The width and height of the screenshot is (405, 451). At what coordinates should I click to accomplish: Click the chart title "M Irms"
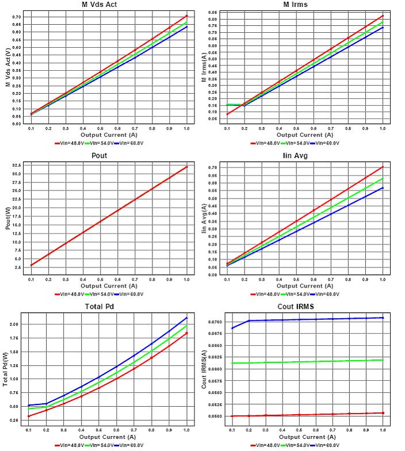point(295,5)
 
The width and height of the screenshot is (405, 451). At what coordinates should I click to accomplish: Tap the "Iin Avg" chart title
point(295,156)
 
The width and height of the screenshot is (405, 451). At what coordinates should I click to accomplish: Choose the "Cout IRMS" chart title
point(295,307)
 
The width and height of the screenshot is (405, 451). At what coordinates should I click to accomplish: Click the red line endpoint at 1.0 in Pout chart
point(186,167)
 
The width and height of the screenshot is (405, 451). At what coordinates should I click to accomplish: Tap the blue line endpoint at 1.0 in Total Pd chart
point(186,318)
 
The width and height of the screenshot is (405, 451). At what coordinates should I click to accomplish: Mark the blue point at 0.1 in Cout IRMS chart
point(232,328)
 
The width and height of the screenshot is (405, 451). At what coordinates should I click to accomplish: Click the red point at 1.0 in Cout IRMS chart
point(383,412)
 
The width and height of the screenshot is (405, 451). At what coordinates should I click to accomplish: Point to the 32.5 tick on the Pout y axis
point(16,165)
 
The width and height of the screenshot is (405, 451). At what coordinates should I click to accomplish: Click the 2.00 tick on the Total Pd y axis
point(15,324)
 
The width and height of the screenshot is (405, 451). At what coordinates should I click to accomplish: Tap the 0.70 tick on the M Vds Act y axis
point(16,17)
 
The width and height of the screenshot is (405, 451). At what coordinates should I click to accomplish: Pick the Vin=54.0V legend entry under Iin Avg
point(295,293)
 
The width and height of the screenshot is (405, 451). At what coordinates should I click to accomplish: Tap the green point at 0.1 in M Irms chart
point(228,105)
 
